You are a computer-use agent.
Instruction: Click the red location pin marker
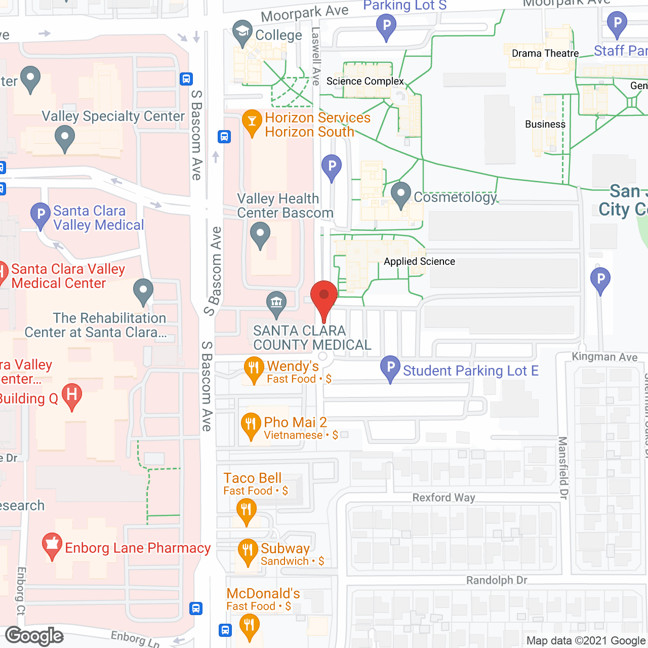[x=323, y=299]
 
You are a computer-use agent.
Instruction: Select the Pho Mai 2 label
[x=295, y=422]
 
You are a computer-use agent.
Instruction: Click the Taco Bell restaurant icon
[x=246, y=510]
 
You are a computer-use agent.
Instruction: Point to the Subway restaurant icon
[x=248, y=550]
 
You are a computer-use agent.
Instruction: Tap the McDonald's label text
[x=263, y=593]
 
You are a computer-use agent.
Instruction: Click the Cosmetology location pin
[x=400, y=194]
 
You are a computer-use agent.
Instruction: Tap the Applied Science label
[x=419, y=261]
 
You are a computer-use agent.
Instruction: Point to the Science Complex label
[x=365, y=81]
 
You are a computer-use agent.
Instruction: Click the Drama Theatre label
[x=545, y=53]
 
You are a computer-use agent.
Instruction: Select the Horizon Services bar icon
[x=252, y=122]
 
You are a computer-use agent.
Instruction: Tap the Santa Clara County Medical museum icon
[x=276, y=304]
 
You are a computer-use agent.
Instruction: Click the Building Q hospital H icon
[x=72, y=395]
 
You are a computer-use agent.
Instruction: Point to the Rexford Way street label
[x=443, y=498]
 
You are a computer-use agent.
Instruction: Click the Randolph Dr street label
[x=497, y=580]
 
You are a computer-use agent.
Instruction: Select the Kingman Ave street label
[x=604, y=356]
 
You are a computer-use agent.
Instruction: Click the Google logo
[x=34, y=636]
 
